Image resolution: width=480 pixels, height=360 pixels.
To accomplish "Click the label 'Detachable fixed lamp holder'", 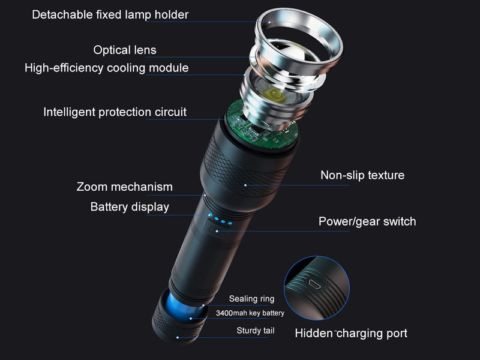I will click(110, 14).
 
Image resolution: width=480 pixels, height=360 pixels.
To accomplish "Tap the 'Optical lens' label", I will click(125, 50).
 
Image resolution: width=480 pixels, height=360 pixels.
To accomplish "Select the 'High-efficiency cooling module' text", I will click(107, 68).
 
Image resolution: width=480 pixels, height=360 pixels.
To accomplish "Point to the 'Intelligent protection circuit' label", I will click(115, 112).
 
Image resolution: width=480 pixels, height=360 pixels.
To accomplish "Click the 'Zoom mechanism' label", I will click(125, 187).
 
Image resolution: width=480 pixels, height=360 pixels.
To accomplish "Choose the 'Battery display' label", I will click(130, 207).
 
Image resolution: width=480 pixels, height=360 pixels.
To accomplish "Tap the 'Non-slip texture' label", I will click(362, 175).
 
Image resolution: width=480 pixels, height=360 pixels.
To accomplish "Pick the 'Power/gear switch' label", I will click(367, 221).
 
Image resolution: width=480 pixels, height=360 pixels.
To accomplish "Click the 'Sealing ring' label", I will click(251, 299).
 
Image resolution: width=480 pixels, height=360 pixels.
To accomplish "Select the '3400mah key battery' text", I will click(250, 313).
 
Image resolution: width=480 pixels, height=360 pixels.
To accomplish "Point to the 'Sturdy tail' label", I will click(256, 330).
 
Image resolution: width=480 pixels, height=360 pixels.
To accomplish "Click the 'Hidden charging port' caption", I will click(351, 333).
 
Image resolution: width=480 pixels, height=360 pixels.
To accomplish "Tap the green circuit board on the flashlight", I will click(261, 129).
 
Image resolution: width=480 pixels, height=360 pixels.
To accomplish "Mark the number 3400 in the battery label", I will click(224, 313).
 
